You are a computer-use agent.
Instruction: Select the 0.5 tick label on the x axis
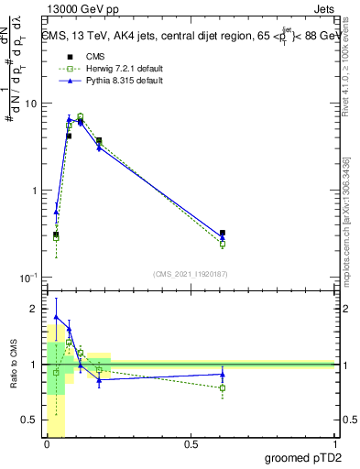pyautogui.click(x=191, y=444)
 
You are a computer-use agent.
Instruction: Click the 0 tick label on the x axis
pyautogui.click(x=47, y=444)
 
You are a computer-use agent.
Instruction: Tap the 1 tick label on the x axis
pyautogui.click(x=334, y=444)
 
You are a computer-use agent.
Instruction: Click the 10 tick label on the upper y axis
pyautogui.click(x=31, y=104)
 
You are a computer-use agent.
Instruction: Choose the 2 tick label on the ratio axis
pyautogui.click(x=36, y=309)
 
